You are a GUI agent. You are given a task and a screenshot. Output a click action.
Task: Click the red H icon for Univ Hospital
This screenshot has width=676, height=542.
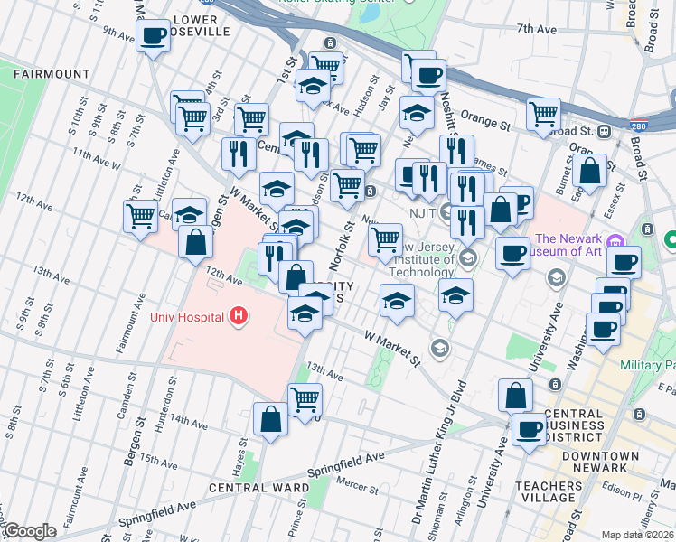click(238, 315)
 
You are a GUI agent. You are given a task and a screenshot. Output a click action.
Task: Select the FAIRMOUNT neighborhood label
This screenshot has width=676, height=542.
click(52, 74)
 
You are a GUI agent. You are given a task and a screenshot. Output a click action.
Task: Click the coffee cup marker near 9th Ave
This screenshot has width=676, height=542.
click(153, 36)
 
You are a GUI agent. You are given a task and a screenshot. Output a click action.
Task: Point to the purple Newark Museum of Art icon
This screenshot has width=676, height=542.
click(615, 241)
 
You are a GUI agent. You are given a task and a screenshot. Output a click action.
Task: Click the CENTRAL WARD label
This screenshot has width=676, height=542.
click(252, 488)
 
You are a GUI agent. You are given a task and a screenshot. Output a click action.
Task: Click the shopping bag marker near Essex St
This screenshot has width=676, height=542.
click(589, 172)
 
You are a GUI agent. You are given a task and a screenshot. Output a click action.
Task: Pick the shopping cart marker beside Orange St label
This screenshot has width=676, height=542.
click(543, 115)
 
